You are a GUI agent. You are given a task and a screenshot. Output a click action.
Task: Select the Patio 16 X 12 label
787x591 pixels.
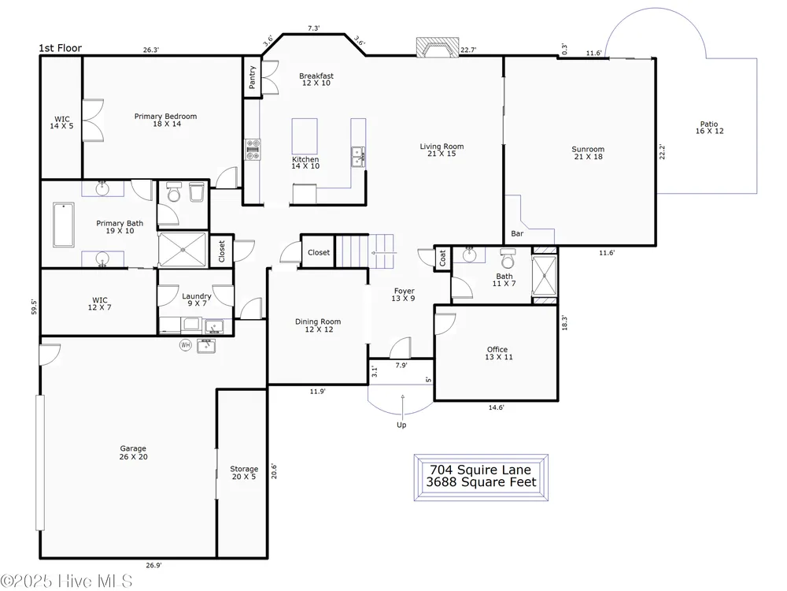click(x=709, y=127)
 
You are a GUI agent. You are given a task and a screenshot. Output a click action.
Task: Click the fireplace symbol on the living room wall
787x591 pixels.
click(x=437, y=47)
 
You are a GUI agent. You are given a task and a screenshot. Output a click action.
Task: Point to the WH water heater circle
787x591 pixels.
click(x=186, y=345)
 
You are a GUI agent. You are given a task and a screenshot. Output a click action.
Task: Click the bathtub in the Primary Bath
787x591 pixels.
click(x=64, y=225)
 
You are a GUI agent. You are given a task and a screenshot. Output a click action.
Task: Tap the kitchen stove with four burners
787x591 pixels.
click(x=253, y=149)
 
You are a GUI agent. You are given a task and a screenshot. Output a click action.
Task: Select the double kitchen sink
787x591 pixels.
click(x=358, y=157)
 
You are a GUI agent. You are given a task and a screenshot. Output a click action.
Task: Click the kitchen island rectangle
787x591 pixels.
click(x=305, y=136)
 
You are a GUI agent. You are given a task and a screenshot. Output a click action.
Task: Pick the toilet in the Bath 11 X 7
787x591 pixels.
click(x=508, y=258)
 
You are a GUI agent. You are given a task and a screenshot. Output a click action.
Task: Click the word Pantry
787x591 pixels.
click(x=252, y=77)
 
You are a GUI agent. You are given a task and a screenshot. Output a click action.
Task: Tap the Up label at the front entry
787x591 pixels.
click(x=401, y=425)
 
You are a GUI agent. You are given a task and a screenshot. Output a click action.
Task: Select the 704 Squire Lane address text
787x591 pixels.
click(x=480, y=470)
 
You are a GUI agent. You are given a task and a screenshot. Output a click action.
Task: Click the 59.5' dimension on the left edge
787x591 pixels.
click(x=34, y=307)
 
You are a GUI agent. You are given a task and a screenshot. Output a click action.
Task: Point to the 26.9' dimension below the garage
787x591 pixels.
click(x=153, y=565)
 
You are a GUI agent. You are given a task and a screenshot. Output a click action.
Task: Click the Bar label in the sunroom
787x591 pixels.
click(x=517, y=233)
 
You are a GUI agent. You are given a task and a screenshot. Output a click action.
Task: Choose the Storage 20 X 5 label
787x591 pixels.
click(x=244, y=472)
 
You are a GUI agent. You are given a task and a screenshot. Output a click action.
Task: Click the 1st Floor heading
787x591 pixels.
click(x=61, y=48)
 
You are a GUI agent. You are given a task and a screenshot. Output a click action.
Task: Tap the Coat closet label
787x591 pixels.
click(x=442, y=258)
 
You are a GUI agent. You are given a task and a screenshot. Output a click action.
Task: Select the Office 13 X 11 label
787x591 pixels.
click(x=498, y=353)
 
